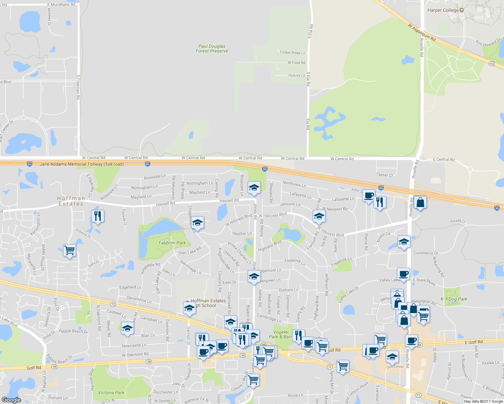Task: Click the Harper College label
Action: (443, 10)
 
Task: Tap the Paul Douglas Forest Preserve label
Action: (212, 48)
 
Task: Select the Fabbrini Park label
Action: (172, 243)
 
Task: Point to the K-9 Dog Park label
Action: (454, 299)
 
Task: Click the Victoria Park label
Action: (111, 393)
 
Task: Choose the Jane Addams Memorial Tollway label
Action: (82, 164)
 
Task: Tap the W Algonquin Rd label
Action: (421, 32)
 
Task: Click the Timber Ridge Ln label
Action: (292, 53)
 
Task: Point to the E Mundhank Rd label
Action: (61, 5)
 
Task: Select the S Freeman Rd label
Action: (78, 87)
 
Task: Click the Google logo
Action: (11, 400)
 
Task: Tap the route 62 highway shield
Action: (492, 63)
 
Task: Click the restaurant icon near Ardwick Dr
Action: (98, 216)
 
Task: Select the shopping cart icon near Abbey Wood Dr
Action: (69, 250)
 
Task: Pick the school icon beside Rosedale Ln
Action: (254, 188)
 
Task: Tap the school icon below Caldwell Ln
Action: (127, 328)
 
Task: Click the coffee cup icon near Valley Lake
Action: (403, 274)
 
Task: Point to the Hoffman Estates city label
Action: (71, 201)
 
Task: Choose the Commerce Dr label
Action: (426, 253)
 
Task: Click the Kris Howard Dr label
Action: (488, 43)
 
